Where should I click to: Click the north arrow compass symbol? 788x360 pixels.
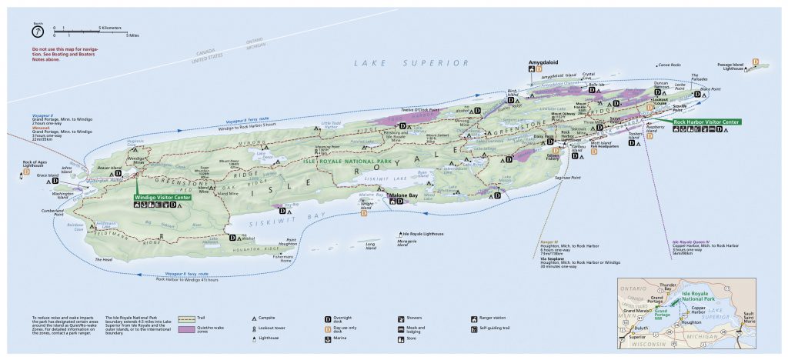[x=36, y=32]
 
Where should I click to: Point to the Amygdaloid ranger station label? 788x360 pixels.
[x=543, y=60]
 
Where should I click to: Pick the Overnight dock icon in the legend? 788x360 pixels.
[x=328, y=318]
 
